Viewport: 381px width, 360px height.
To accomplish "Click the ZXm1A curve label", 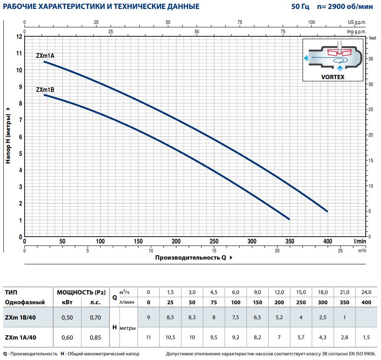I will click(45, 56).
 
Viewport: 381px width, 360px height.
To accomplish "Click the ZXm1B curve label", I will click(45, 89).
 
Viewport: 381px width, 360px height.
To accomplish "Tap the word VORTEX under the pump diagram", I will click(332, 77).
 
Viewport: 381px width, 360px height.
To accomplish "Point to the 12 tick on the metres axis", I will click(19, 36).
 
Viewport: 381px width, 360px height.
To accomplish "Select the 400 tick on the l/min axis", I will click(327, 242).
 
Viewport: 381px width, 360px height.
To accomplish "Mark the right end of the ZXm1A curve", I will click(327, 211).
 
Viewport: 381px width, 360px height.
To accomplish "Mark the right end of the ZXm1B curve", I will click(289, 219).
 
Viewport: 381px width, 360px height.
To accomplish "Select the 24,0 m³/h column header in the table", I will click(366, 292).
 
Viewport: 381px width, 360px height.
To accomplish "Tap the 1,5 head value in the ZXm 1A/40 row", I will click(366, 338).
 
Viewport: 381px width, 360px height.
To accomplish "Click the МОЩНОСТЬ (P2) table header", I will click(81, 292).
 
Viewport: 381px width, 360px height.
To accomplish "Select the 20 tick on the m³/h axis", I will click(277, 250).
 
